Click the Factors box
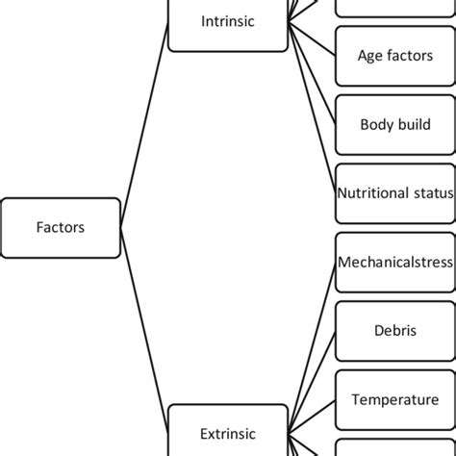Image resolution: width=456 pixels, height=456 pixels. click(61, 228)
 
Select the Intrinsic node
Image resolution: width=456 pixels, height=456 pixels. click(228, 22)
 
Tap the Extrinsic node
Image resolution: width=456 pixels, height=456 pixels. click(228, 433)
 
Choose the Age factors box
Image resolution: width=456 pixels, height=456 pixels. click(395, 56)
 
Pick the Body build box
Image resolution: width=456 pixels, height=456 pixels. click(395, 124)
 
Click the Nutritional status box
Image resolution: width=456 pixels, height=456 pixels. click(395, 192)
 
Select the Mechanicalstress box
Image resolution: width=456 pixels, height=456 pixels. click(395, 262)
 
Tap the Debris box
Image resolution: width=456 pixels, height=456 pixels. click(395, 330)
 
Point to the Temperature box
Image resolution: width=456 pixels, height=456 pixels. click(395, 399)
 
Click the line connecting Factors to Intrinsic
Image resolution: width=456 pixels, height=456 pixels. click(144, 135)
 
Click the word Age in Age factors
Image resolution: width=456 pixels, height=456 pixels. click(370, 56)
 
